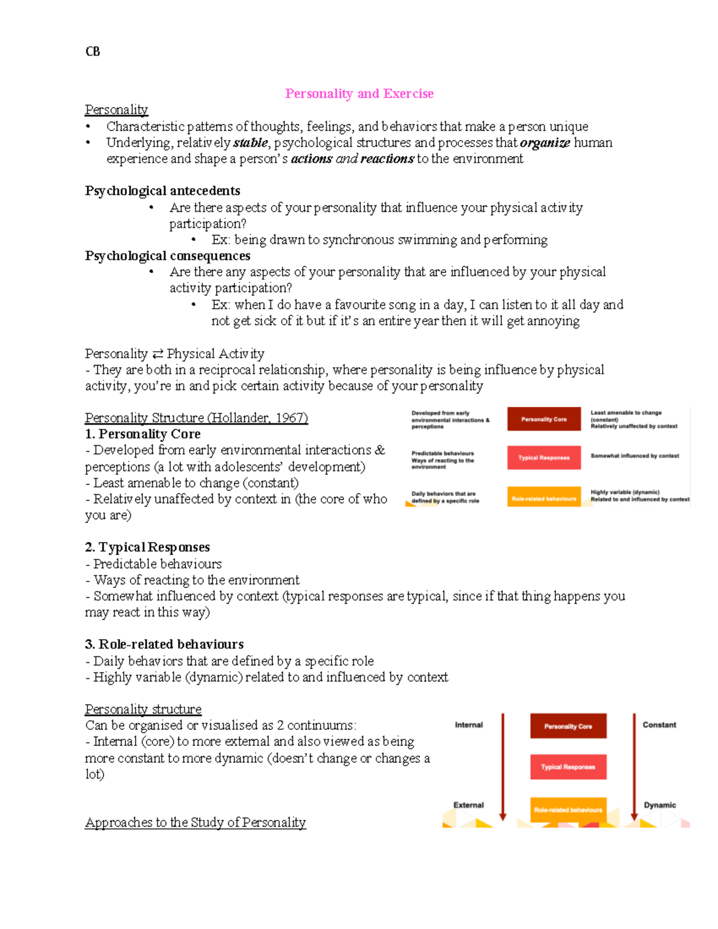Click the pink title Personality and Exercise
click(x=359, y=93)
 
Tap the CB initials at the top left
click(x=93, y=51)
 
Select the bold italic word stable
click(x=250, y=143)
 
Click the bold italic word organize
click(x=544, y=143)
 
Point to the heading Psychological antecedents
click(x=162, y=191)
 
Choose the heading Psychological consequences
click(x=168, y=256)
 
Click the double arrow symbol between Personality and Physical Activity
click(x=157, y=354)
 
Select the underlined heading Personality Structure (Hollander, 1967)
click(x=196, y=418)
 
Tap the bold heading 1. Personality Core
click(x=142, y=434)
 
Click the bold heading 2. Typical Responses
click(x=147, y=547)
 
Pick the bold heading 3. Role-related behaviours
click(x=164, y=644)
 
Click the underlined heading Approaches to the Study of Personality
click(x=195, y=823)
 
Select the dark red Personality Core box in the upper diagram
click(x=544, y=419)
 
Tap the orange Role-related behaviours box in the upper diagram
click(x=544, y=498)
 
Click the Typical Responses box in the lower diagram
click(x=568, y=767)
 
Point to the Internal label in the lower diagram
click(x=468, y=725)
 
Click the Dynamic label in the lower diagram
click(x=659, y=805)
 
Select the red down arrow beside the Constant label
click(x=634, y=766)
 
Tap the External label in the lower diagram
click(x=468, y=805)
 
